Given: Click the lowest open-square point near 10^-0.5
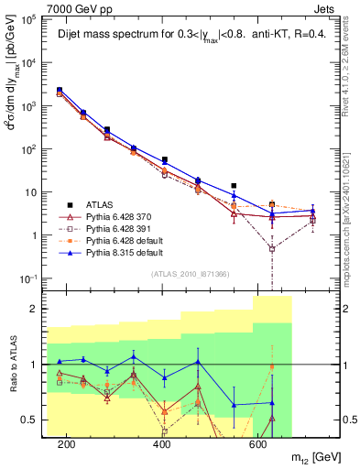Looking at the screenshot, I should (x=272, y=248).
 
